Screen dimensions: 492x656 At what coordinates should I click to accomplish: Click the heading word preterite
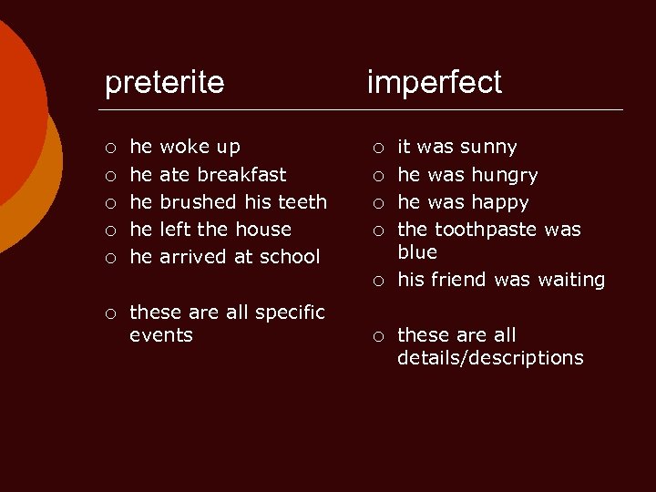[164, 83]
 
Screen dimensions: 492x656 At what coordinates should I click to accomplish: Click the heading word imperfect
[434, 83]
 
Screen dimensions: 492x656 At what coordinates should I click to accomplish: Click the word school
[290, 256]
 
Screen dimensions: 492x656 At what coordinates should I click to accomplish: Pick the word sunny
[488, 147]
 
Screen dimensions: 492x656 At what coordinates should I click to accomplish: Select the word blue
[417, 251]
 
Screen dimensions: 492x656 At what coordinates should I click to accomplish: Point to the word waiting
[569, 280]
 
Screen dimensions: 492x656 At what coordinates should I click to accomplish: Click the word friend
[459, 280]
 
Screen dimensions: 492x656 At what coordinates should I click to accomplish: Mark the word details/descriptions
[490, 358]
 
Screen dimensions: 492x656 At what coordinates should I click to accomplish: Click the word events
[161, 335]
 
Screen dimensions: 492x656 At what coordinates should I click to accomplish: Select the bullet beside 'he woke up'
[109, 148]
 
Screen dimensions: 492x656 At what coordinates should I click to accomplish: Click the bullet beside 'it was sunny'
[377, 148]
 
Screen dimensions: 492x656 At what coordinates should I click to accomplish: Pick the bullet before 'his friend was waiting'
[377, 281]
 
